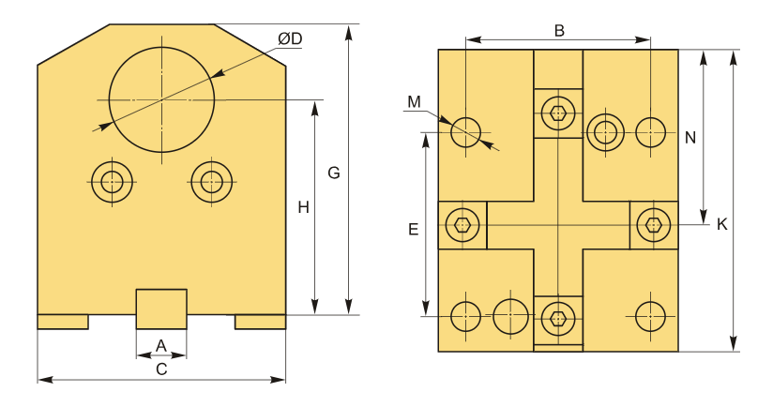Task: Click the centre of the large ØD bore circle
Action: [x=161, y=99]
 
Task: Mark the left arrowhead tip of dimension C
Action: [x=38, y=380]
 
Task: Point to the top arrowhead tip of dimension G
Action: [x=349, y=24]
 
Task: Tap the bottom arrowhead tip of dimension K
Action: [x=734, y=351]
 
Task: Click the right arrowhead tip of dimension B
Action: [x=651, y=40]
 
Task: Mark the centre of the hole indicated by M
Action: [x=466, y=132]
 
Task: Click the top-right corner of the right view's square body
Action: [x=678, y=50]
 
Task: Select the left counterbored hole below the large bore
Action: [x=112, y=182]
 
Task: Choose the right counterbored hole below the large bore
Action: [x=211, y=182]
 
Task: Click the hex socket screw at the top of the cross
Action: [x=557, y=113]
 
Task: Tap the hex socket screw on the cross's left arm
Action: [x=462, y=225]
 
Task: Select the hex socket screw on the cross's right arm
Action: [x=653, y=225]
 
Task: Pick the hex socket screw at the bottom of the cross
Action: [x=557, y=319]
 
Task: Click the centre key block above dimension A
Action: [x=161, y=309]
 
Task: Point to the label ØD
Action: [x=290, y=39]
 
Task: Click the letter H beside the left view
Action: [x=303, y=207]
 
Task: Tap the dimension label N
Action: [x=690, y=138]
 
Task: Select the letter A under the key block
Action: [x=161, y=346]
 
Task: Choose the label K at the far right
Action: [x=721, y=224]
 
